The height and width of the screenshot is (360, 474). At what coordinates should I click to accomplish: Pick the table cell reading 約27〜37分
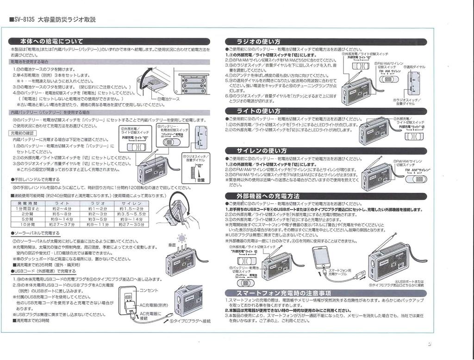62,224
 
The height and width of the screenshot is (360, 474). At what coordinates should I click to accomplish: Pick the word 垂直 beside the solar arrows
172,245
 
